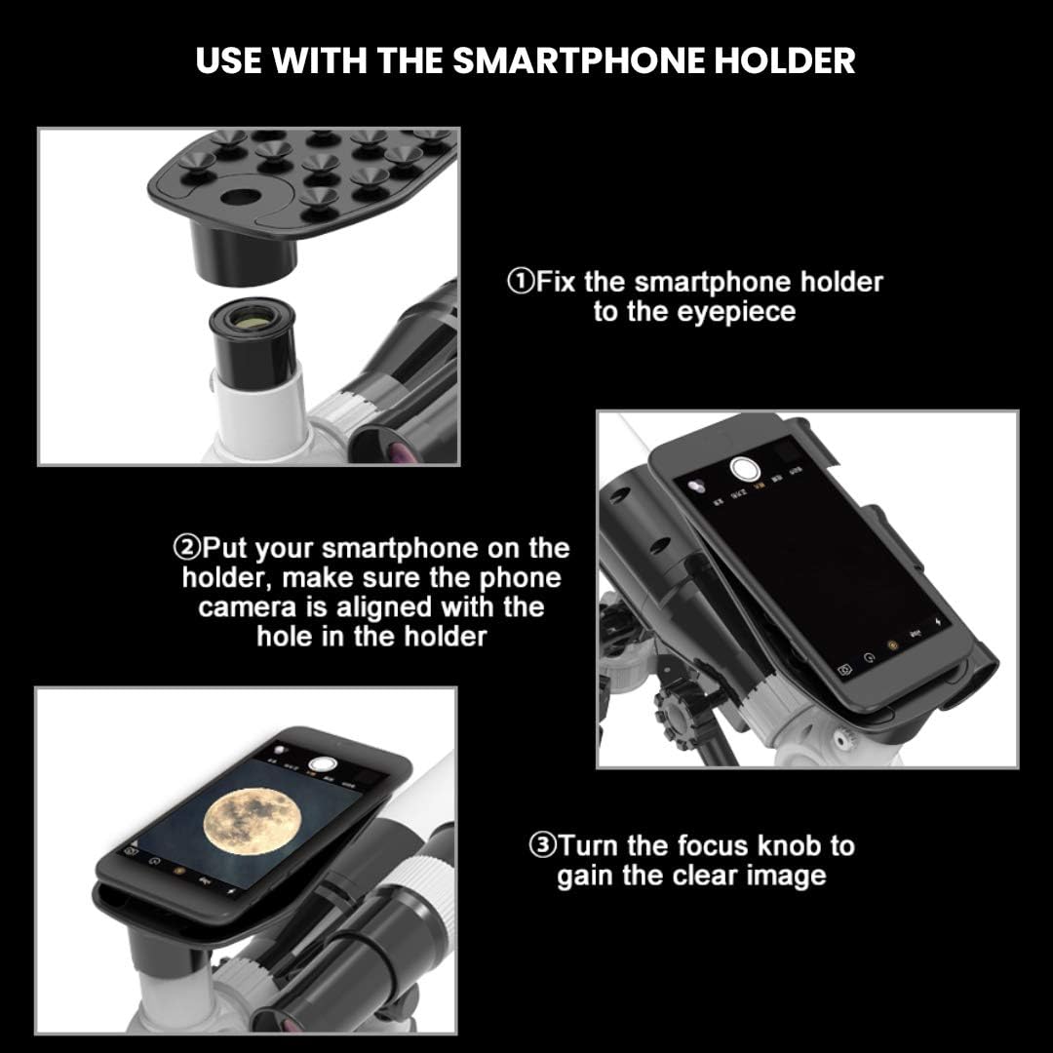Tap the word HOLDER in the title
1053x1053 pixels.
(x=784, y=60)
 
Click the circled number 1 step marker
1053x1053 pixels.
(x=521, y=282)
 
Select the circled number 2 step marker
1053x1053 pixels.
(x=186, y=548)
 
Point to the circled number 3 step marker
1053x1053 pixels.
(x=543, y=845)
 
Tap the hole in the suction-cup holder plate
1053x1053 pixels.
(x=241, y=197)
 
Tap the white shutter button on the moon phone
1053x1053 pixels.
(x=322, y=763)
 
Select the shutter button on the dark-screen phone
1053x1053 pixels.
(x=744, y=468)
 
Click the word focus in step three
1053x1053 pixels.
(x=711, y=845)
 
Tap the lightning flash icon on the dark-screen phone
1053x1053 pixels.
(x=938, y=622)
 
